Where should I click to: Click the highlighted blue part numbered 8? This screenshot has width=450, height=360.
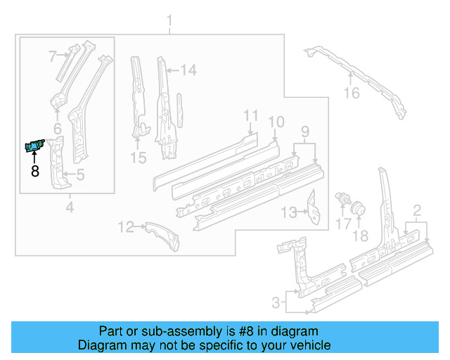(34, 145)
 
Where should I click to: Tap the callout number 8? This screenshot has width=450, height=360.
(34, 170)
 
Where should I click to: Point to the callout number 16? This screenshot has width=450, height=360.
(351, 93)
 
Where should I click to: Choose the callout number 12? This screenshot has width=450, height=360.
(125, 226)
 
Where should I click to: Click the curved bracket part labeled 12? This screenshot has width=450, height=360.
(162, 236)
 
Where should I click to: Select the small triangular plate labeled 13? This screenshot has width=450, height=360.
(312, 210)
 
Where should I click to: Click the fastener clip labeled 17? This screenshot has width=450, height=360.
(344, 198)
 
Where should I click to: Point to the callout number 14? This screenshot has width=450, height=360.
(188, 70)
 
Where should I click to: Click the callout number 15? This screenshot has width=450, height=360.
(139, 158)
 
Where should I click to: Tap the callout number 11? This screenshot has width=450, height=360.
(252, 115)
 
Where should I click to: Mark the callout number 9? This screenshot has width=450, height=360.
(304, 130)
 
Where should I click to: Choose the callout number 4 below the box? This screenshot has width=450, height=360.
(69, 207)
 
